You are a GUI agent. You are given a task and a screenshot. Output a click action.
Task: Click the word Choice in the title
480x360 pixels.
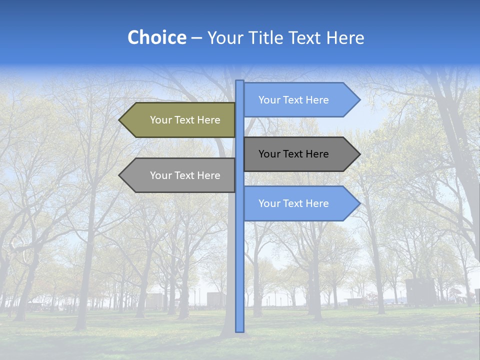(156, 38)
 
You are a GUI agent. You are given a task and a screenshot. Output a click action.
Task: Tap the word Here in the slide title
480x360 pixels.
(345, 38)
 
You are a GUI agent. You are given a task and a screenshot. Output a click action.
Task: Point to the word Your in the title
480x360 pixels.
(224, 38)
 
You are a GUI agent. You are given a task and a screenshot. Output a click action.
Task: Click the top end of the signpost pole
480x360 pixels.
(239, 82)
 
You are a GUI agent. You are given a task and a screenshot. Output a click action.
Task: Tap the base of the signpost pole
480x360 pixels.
(239, 329)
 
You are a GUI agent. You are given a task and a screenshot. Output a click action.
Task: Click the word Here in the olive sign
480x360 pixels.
(208, 120)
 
